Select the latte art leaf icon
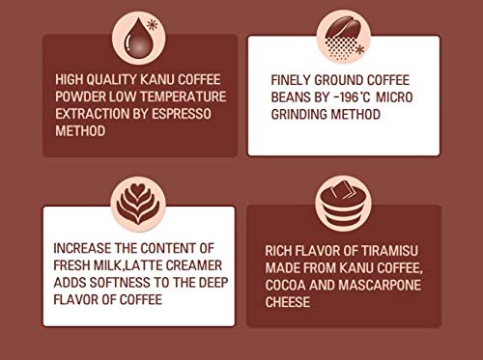[x=138, y=205]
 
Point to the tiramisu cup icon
[x=343, y=205]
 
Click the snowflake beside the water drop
[x=153, y=25]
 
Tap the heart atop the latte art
[x=138, y=190]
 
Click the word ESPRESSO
[x=182, y=114]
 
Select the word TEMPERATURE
[x=184, y=97]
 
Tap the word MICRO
[x=394, y=97]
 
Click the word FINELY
[x=291, y=80]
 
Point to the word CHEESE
[x=288, y=302]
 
